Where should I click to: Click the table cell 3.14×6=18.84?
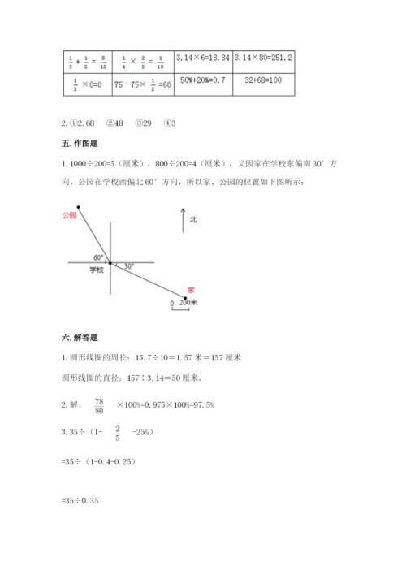(x=201, y=58)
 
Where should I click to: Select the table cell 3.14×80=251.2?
(x=262, y=58)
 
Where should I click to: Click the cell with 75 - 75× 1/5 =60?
(x=142, y=83)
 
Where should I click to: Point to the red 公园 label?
(x=68, y=215)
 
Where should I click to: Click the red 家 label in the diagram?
(x=191, y=288)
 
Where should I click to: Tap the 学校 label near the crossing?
(x=97, y=270)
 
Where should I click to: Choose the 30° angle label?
(x=128, y=265)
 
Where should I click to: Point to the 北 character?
(x=193, y=220)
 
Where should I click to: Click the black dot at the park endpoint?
(x=79, y=206)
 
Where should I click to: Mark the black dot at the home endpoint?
(x=184, y=297)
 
